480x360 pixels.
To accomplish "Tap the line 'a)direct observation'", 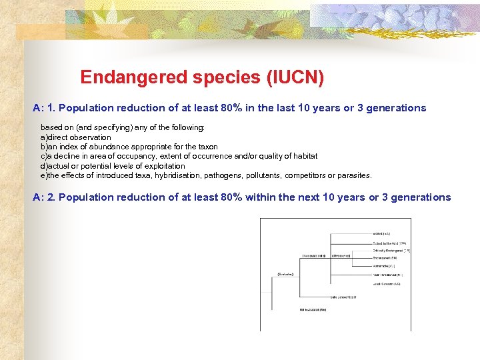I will tap(76, 137).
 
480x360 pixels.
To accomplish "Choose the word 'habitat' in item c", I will tap(303, 156).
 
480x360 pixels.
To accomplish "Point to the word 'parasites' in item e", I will tap(353, 175).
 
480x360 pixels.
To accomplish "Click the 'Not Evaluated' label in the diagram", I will tap(312, 309).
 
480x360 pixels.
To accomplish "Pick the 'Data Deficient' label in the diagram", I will tap(343, 297).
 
